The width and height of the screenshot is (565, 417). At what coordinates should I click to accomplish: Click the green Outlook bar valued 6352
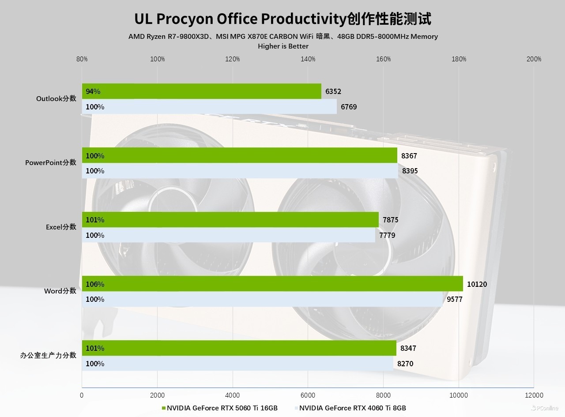point(201,91)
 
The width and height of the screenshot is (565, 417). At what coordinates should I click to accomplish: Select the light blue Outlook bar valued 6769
point(209,107)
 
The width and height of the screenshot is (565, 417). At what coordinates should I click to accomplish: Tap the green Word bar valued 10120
point(272,284)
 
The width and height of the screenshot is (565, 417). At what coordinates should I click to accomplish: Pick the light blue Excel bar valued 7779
point(228,235)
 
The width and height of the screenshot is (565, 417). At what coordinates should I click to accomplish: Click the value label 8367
point(409,156)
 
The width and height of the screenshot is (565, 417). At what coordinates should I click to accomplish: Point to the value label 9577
point(455,299)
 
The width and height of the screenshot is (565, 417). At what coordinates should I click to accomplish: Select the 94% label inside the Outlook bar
point(93,91)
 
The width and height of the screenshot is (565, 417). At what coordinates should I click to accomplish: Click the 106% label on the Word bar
point(95,284)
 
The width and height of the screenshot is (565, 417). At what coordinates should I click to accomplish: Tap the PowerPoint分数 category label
point(51,163)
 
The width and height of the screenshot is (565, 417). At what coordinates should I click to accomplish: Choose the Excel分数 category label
point(61,227)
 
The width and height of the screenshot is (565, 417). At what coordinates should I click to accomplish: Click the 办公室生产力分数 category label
point(48,355)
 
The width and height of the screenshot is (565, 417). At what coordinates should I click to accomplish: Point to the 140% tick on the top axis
point(308,59)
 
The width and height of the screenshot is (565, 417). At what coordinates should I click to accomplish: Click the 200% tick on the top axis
point(534,59)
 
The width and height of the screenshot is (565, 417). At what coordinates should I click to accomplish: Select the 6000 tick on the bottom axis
point(308,395)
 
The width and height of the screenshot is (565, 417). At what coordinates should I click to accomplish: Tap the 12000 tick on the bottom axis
point(534,395)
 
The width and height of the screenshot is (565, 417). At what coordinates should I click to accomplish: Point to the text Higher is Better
point(283,46)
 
